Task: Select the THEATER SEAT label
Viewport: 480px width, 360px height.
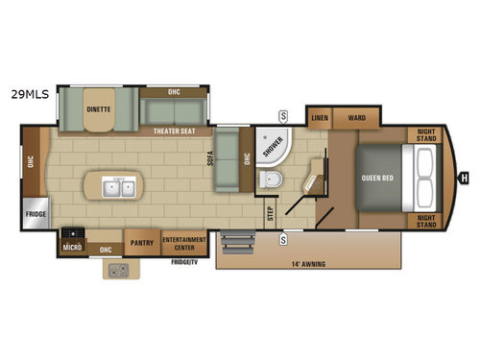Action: click(173, 132)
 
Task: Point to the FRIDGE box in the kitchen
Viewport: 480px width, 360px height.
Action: click(36, 213)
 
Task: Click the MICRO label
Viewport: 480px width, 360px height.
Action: click(70, 246)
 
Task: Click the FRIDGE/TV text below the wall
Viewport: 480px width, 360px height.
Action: click(183, 261)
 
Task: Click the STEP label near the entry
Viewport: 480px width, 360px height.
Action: click(270, 213)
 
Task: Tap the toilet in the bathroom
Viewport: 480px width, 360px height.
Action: click(270, 179)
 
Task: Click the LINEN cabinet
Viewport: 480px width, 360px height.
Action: click(321, 118)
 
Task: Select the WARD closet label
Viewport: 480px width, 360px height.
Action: click(357, 118)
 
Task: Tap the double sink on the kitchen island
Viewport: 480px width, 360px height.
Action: click(121, 185)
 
